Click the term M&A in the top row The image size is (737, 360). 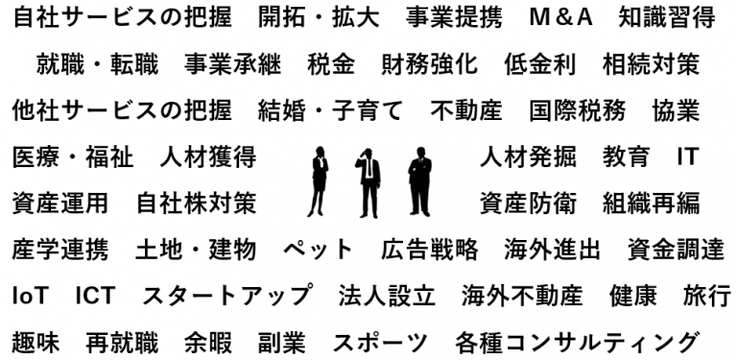[x=561, y=18]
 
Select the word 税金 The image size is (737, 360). [x=331, y=64]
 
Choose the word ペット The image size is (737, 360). [x=319, y=250]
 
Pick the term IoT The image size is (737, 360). [x=30, y=295]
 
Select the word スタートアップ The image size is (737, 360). [x=226, y=295]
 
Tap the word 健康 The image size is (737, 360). [x=633, y=295]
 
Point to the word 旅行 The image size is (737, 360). [x=707, y=295]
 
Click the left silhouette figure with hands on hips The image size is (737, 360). [x=319, y=182]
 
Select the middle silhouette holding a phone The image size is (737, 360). [x=368, y=182]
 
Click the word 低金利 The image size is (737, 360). [x=539, y=64]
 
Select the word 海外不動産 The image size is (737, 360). [x=522, y=295]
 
